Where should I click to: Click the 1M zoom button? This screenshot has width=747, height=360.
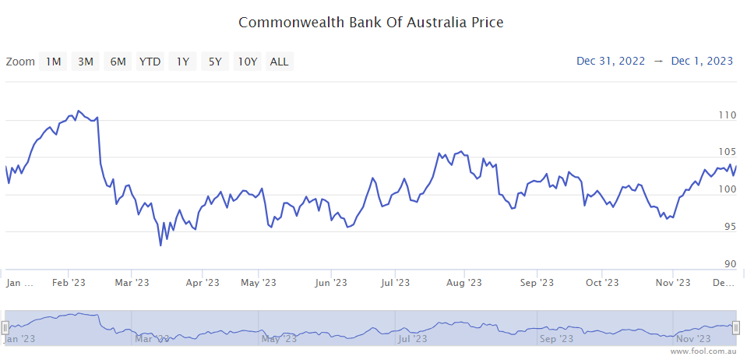[53, 62]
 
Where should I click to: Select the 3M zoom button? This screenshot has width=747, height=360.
[86, 62]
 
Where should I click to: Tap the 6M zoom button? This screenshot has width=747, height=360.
[118, 62]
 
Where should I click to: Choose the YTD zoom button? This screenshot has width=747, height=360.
[150, 62]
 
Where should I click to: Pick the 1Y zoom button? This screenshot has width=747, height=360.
[182, 62]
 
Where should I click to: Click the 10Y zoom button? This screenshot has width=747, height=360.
[248, 62]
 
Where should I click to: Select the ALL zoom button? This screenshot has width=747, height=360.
[279, 62]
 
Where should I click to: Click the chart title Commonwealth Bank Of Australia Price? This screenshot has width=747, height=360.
[371, 22]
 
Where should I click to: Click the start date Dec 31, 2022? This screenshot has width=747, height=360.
[611, 62]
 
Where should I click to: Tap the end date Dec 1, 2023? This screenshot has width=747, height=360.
[702, 62]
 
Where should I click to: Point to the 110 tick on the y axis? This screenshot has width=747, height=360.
[727, 115]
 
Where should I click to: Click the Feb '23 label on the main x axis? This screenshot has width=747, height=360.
[69, 283]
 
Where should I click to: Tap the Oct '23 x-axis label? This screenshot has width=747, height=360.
[602, 283]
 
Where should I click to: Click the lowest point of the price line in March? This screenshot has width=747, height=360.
[160, 245]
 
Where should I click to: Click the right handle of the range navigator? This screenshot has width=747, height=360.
[735, 328]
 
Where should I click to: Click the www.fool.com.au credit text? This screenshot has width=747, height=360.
[703, 351]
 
